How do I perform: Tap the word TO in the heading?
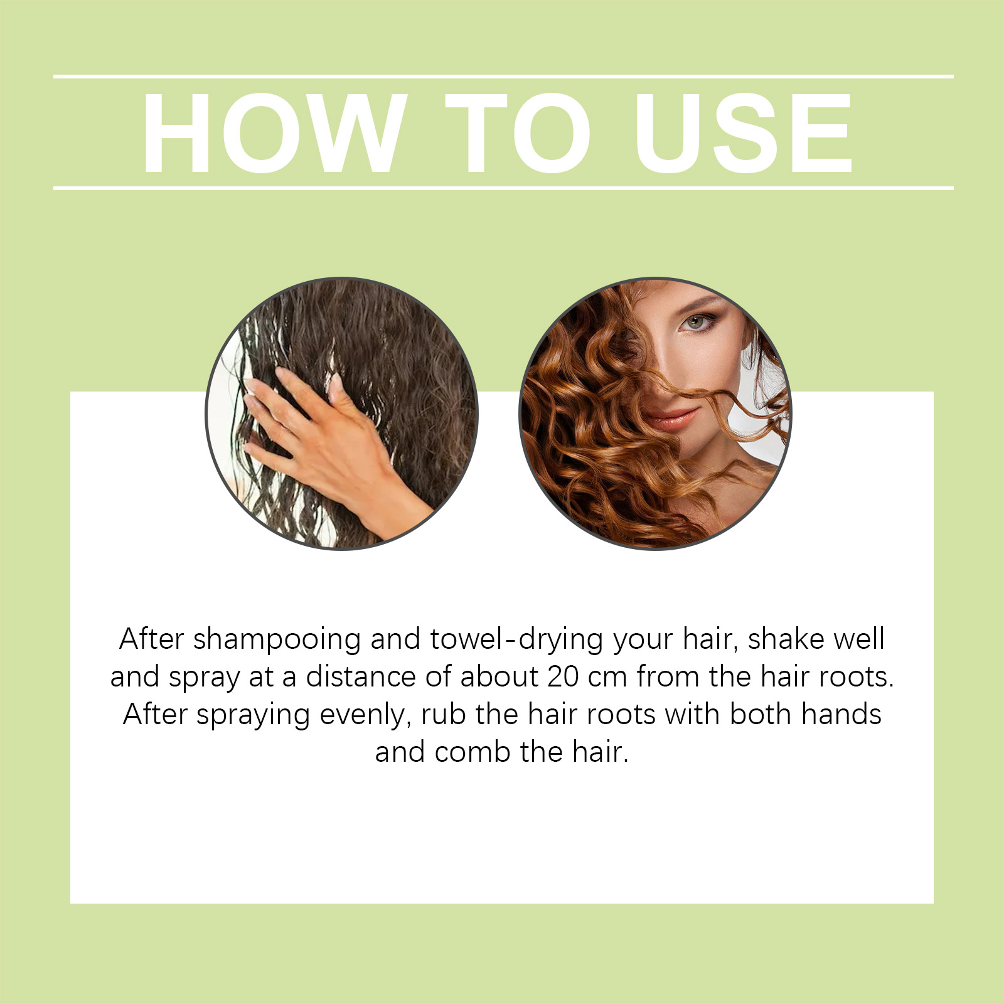tap(518, 133)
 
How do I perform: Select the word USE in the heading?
tap(744, 133)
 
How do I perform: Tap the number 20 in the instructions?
tap(563, 676)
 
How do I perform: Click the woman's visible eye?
tap(695, 323)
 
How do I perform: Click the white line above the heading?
tap(502, 77)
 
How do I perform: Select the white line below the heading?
tap(502, 188)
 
